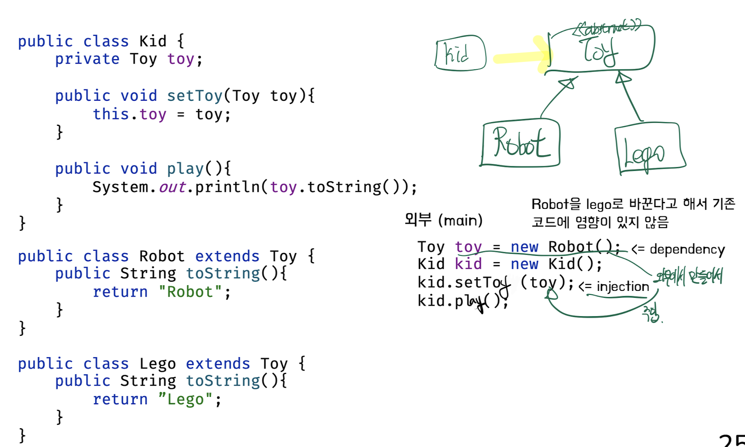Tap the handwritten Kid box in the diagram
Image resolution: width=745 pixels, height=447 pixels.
click(x=460, y=53)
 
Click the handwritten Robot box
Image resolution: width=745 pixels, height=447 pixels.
click(x=520, y=143)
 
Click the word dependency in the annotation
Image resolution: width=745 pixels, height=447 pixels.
click(x=687, y=249)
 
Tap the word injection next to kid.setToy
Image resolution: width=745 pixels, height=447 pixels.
click(x=623, y=287)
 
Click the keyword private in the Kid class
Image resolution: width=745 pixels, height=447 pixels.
click(x=87, y=59)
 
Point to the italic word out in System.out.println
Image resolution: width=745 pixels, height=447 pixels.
click(x=172, y=187)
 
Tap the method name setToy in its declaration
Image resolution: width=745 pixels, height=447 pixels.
click(x=195, y=96)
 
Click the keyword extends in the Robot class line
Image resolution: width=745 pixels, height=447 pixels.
click(x=227, y=256)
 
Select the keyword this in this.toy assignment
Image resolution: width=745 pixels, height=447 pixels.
click(x=111, y=114)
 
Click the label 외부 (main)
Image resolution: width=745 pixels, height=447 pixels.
click(x=443, y=220)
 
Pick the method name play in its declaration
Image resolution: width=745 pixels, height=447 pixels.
click(x=185, y=169)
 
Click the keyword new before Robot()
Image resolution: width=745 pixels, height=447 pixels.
click(x=524, y=247)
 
